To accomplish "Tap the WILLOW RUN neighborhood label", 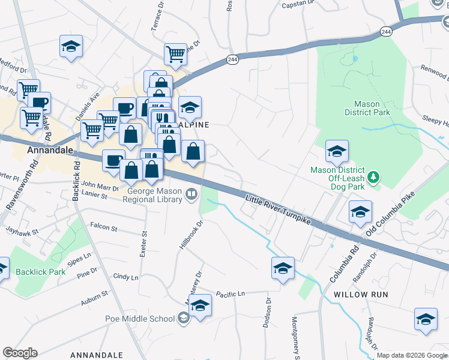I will pyautogui.click(x=361, y=295).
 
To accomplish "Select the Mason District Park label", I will pyautogui.click(x=367, y=107).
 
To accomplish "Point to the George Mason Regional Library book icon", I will pyautogui.click(x=191, y=193).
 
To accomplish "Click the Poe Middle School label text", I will pyautogui.click(x=139, y=319).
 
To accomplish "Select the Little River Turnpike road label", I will pyautogui.click(x=279, y=210).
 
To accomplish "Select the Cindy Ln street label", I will pyautogui.click(x=125, y=277).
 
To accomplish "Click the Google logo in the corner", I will pyautogui.click(x=20, y=353).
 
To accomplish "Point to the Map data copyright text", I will pyautogui.click(x=412, y=355).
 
